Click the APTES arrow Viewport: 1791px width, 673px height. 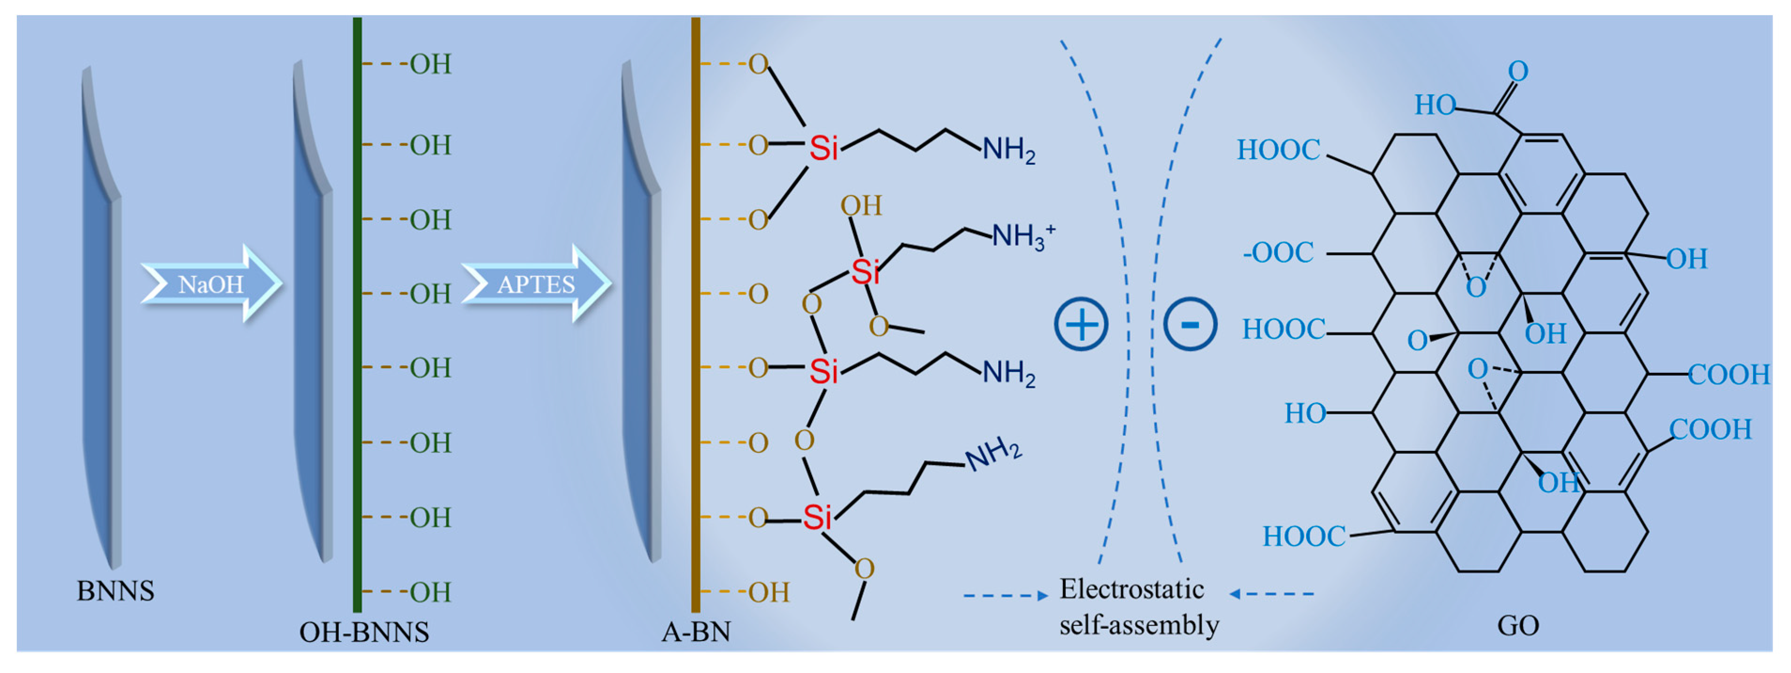pos(535,284)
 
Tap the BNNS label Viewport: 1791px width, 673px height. pos(115,591)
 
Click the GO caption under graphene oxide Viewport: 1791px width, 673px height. pos(1518,626)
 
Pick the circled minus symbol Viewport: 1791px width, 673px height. pos(1190,324)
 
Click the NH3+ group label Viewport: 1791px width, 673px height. pos(1022,236)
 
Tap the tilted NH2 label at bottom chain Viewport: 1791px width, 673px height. pos(993,454)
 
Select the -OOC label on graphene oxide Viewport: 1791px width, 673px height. pos(1278,252)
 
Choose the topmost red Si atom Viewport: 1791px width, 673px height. pos(824,148)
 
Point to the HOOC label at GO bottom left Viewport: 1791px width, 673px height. pos(1304,536)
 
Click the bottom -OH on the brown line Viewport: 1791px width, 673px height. pos(768,592)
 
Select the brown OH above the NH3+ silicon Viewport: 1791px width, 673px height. pos(861,206)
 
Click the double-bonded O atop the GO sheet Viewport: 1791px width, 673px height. pos(1518,71)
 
